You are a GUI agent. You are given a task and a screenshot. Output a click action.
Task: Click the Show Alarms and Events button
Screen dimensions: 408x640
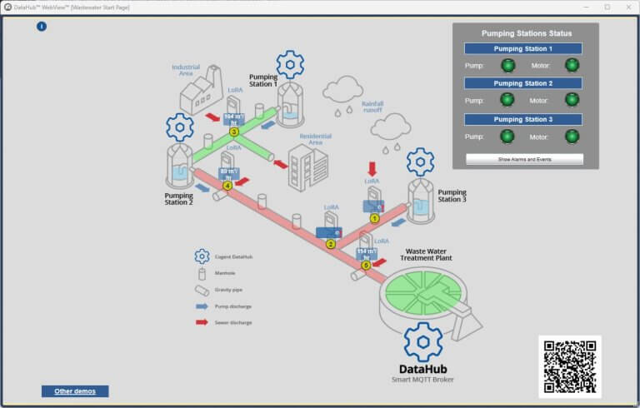524,158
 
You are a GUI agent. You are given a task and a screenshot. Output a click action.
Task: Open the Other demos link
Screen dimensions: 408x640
75,391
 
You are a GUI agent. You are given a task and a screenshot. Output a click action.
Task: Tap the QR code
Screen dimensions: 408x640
570,366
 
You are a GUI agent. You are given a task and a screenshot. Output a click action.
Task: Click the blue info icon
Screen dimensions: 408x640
42,27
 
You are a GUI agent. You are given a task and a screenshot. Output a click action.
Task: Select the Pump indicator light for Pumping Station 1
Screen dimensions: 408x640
507,65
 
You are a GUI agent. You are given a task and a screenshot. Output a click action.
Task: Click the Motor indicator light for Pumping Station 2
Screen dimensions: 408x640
572,100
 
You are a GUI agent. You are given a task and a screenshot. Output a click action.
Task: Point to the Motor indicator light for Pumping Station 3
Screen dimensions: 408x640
572,136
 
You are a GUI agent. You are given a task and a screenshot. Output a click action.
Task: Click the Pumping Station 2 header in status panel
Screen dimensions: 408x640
522,83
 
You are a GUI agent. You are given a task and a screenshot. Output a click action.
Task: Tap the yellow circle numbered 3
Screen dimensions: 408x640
234,132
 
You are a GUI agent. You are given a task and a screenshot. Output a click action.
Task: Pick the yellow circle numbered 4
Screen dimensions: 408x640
227,186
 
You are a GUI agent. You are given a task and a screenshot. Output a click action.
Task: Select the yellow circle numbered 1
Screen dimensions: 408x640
375,218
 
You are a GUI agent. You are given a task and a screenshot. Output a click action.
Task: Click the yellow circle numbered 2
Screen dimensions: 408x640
331,244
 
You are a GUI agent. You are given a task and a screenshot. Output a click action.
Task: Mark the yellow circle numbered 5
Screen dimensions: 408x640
365,265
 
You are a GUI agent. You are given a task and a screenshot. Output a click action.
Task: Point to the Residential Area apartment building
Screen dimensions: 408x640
307,164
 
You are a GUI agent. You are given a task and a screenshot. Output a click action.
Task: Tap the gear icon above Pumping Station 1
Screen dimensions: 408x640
290,63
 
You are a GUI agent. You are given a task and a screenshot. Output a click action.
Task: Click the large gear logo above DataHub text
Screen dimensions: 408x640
422,341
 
